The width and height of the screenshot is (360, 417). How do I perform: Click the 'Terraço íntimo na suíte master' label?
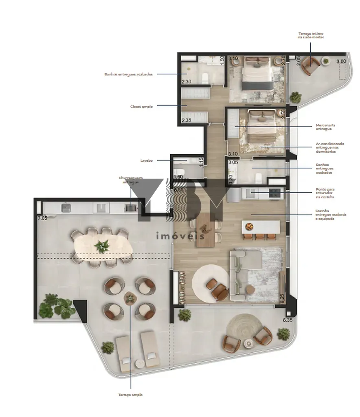(x=311, y=35)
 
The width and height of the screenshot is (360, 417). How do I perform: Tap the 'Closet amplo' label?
(x=141, y=106)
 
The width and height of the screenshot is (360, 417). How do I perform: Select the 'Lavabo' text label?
(x=147, y=160)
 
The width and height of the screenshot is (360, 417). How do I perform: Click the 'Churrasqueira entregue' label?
(x=129, y=180)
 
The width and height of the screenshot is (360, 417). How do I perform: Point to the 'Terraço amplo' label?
(x=130, y=395)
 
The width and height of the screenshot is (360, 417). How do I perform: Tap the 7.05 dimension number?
(x=42, y=218)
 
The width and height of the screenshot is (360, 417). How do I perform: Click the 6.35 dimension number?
(x=288, y=320)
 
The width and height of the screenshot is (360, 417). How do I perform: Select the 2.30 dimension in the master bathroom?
(x=186, y=82)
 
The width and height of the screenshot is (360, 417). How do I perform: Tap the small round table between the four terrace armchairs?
(x=130, y=298)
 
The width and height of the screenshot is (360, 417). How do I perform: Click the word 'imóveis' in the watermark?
(x=180, y=235)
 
